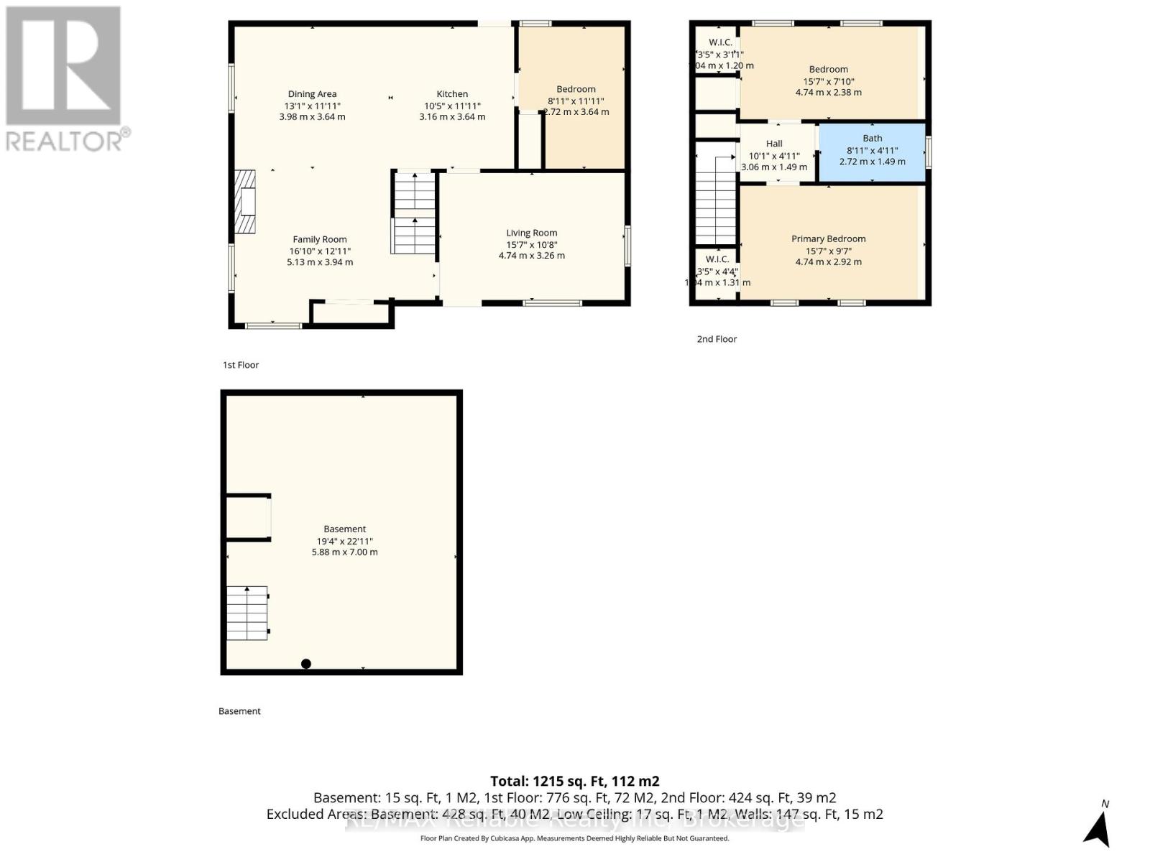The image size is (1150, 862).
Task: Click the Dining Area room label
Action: click(312, 94)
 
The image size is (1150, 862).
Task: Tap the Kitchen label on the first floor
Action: click(452, 94)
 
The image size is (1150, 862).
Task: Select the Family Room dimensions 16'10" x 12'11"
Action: click(320, 251)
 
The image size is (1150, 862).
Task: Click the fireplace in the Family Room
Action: click(245, 202)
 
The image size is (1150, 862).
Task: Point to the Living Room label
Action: click(531, 233)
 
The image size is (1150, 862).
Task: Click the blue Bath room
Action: click(872, 152)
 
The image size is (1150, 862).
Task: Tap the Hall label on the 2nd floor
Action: click(774, 144)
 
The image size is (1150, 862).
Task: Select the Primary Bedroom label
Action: click(828, 239)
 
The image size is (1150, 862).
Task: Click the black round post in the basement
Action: click(306, 664)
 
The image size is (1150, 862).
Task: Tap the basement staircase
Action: click(247, 613)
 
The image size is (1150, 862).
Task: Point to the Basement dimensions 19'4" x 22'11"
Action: click(344, 541)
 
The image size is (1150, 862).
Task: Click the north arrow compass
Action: click(1098, 826)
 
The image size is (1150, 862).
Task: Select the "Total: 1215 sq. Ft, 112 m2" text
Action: click(574, 781)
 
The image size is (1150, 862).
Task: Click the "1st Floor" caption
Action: click(241, 365)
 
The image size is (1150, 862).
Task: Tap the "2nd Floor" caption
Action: click(717, 339)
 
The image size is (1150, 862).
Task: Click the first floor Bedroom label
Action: click(576, 90)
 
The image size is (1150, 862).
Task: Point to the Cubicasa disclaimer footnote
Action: click(574, 838)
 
